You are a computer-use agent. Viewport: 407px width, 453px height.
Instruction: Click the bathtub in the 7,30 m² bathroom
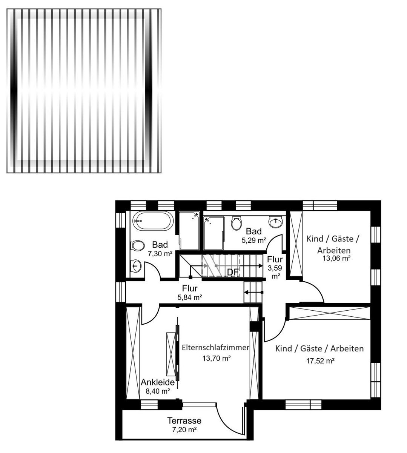(153, 221)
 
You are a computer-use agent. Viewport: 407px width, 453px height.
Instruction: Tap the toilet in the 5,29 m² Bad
(237, 223)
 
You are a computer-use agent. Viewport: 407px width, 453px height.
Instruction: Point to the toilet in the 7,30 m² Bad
(137, 246)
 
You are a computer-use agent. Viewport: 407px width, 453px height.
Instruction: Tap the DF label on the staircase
(233, 272)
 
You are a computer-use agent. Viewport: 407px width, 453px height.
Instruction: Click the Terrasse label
(184, 421)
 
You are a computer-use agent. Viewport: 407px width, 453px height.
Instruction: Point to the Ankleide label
(158, 382)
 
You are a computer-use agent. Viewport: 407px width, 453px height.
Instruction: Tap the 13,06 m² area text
(336, 258)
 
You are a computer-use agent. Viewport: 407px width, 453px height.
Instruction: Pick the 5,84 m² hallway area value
(190, 297)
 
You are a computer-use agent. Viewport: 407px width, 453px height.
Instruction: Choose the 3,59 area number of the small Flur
(275, 268)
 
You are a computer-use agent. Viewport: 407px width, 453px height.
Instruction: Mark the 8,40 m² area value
(158, 391)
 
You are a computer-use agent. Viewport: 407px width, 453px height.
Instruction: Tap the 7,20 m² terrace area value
(184, 430)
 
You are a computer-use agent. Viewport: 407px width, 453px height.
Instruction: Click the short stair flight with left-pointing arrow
(253, 292)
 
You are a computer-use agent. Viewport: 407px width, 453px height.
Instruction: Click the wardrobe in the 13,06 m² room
(296, 243)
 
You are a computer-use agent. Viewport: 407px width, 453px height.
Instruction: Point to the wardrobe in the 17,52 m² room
(330, 313)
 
